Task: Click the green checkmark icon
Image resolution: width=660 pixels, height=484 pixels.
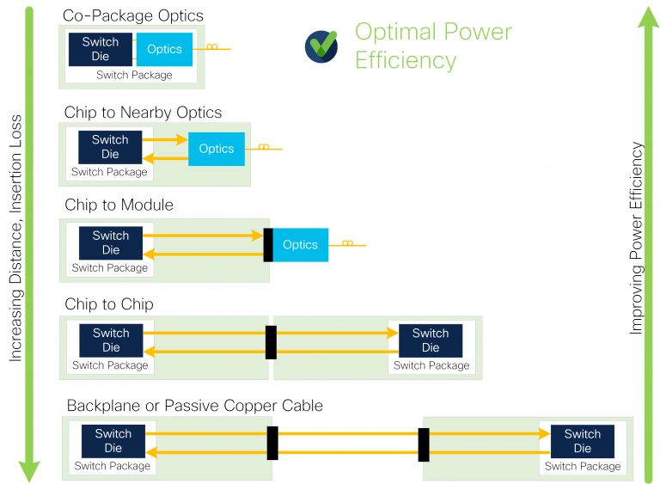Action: [x=321, y=46]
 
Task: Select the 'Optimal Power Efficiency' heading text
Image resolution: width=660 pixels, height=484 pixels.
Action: [x=433, y=46]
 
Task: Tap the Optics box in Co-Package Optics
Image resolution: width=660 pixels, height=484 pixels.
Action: [x=164, y=49]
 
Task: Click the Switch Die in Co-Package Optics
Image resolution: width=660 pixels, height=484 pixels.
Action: [x=101, y=49]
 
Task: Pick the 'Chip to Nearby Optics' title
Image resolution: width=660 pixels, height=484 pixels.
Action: [x=143, y=113]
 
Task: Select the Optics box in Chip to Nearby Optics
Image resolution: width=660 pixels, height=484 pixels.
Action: [x=217, y=149]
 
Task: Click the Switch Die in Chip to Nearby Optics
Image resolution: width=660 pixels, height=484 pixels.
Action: [x=110, y=147]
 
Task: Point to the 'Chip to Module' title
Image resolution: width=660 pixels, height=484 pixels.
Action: [x=119, y=205]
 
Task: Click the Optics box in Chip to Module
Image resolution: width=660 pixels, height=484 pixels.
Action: [x=301, y=245]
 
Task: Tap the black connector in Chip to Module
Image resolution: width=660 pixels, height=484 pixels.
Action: [x=268, y=245]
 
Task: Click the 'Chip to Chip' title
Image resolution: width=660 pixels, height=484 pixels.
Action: [x=108, y=304]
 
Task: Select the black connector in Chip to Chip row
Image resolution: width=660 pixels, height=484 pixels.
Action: [x=272, y=342]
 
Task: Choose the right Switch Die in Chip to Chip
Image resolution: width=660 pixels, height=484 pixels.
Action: [x=431, y=340]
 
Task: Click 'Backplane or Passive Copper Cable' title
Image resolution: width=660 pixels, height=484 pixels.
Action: [x=194, y=405]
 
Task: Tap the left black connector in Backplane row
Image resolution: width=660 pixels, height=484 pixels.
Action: [x=272, y=443]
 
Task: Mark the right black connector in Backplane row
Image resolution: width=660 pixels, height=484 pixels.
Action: [x=423, y=443]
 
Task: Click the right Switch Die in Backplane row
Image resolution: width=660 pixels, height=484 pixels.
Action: [x=583, y=441]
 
